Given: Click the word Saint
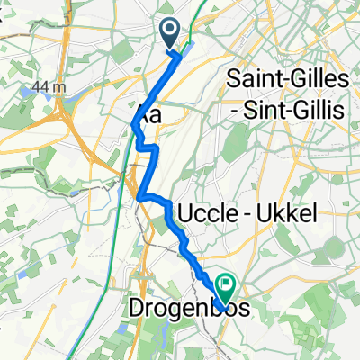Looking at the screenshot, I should click(259, 79).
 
